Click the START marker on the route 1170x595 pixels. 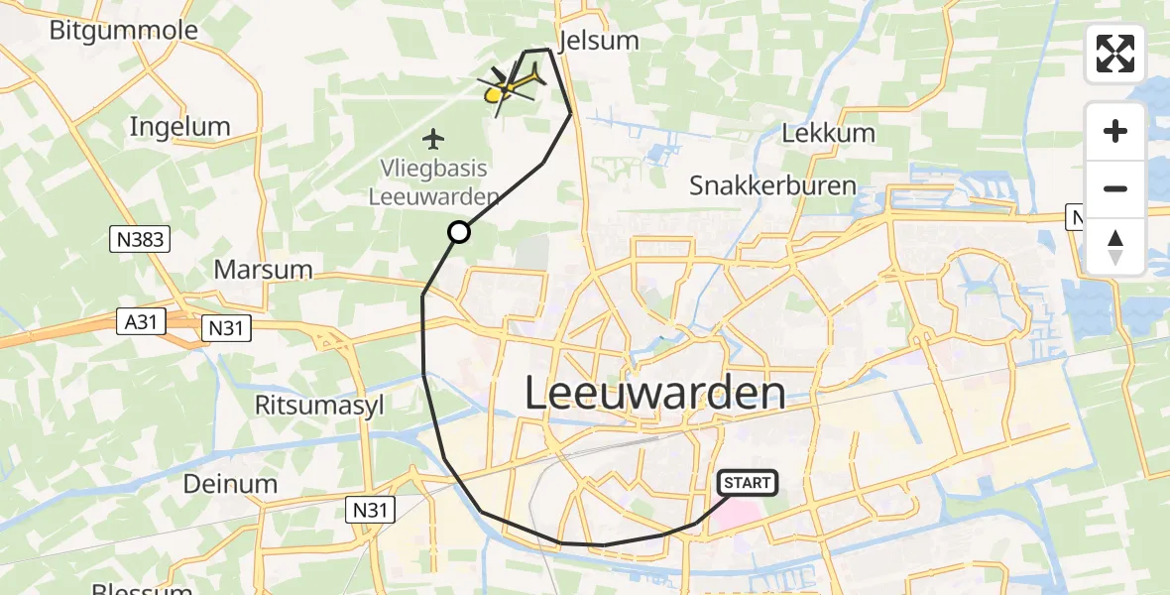tap(748, 483)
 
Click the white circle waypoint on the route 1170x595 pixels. tap(459, 232)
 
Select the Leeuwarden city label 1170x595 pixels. tap(654, 394)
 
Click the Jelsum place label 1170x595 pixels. tap(599, 41)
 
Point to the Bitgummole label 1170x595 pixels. tap(124, 30)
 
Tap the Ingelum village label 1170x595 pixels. tap(179, 127)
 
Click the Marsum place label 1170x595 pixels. tap(263, 269)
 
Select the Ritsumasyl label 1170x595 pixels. tap(318, 405)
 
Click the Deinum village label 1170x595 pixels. tap(230, 484)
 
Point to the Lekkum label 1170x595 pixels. tap(828, 133)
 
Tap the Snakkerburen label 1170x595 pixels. tap(772, 186)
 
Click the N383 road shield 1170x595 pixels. tap(140, 238)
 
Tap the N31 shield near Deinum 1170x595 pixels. tap(372, 510)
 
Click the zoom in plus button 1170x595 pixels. tap(1115, 131)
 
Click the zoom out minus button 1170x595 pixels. tap(1115, 188)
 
